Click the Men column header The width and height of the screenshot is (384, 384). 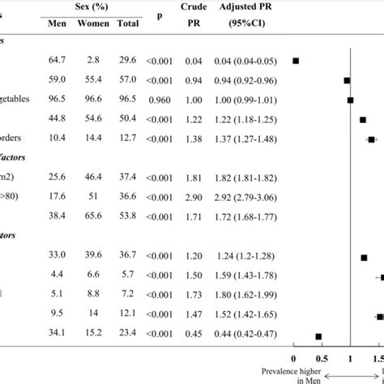57,23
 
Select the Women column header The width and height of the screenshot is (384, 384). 93,23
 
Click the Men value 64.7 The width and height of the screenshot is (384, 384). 58,61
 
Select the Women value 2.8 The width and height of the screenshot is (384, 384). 93,61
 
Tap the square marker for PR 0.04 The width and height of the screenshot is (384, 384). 297,61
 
